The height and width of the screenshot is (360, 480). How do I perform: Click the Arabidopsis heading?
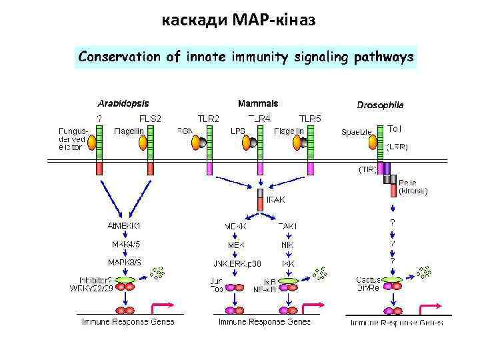(x=123, y=103)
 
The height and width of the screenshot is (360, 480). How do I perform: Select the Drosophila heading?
(x=380, y=105)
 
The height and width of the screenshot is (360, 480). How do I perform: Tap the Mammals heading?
(x=258, y=103)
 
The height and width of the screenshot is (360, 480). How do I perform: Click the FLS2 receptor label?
(x=151, y=118)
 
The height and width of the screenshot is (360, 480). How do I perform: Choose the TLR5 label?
(x=309, y=118)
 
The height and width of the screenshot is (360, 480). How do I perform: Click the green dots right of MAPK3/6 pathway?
(x=157, y=271)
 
